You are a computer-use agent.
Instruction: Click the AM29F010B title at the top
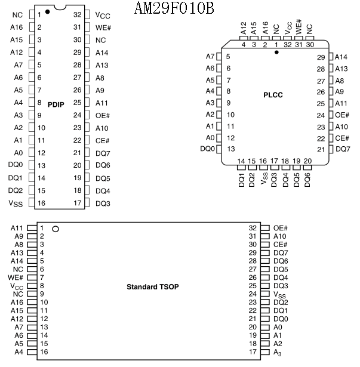[x=174, y=8]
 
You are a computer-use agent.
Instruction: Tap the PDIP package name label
[x=56, y=104]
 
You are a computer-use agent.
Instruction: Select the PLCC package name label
[x=273, y=95]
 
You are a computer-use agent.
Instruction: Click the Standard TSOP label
[x=153, y=286]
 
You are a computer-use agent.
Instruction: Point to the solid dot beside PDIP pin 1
[x=48, y=11]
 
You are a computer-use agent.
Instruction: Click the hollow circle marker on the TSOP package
[x=56, y=229]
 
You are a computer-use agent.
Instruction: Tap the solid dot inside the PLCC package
[x=276, y=52]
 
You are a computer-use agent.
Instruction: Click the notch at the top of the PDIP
[x=60, y=8]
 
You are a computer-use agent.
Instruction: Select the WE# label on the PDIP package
[x=103, y=27]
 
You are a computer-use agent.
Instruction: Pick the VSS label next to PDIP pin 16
[x=16, y=203]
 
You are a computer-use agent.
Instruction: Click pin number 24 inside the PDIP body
[x=77, y=115]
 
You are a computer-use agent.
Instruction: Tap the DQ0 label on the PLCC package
[x=207, y=149]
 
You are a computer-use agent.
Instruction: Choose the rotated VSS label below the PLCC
[x=264, y=178]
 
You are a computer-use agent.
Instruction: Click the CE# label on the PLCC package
[x=342, y=138]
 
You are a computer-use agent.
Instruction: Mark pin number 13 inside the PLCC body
[x=231, y=149]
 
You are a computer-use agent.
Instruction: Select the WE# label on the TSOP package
[x=16, y=277]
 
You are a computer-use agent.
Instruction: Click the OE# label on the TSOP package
[x=281, y=228]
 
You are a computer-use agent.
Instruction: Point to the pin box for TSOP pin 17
[x=265, y=352]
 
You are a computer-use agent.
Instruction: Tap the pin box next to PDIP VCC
[x=87, y=14]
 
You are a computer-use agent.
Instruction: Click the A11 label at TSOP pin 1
[x=17, y=228]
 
